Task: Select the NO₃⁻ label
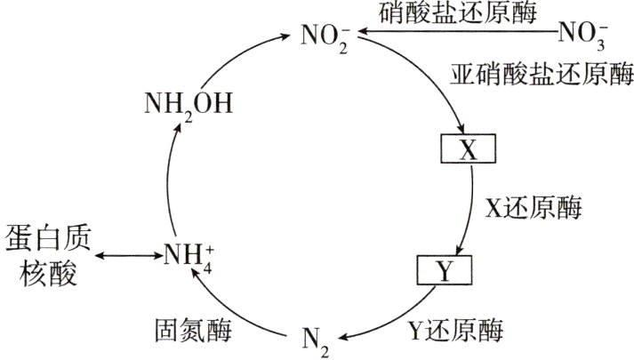[x=582, y=36]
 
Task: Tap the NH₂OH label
[x=188, y=106]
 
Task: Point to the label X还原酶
[x=533, y=209]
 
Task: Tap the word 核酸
[x=38, y=274]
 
